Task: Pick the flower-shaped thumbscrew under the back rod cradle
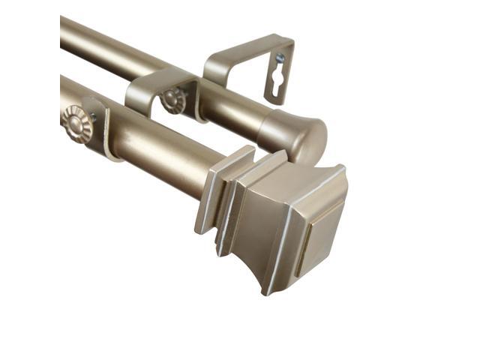[175, 100]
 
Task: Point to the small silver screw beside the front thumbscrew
[93, 118]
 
